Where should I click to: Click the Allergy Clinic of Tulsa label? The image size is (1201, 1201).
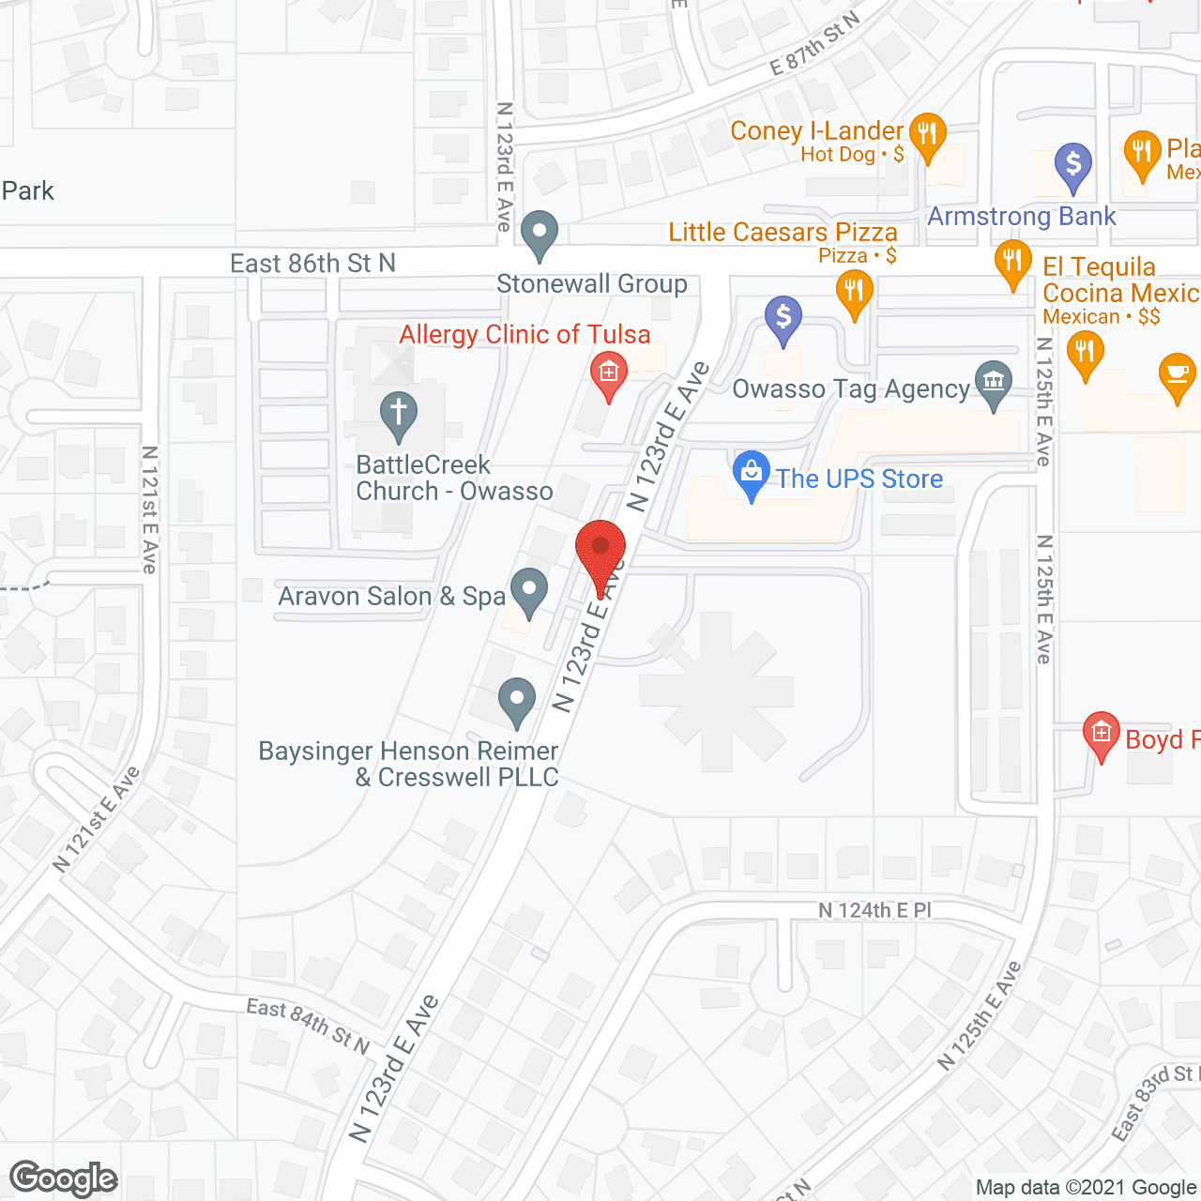(x=524, y=335)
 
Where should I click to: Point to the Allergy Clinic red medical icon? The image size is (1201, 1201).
(x=609, y=373)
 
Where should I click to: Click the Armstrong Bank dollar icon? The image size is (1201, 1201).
(x=1073, y=165)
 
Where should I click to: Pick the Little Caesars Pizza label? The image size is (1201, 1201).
(x=783, y=232)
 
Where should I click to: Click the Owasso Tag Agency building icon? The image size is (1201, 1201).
(x=994, y=383)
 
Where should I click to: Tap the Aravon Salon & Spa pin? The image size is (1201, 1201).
(x=530, y=591)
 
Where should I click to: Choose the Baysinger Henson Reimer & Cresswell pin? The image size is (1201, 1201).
(x=516, y=700)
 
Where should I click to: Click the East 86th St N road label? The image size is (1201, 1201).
(x=313, y=264)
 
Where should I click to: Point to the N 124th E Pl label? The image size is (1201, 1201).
(x=874, y=910)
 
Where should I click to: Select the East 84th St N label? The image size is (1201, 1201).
(x=308, y=1025)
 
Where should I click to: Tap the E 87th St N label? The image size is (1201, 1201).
(x=813, y=44)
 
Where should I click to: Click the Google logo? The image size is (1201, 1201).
(x=64, y=1178)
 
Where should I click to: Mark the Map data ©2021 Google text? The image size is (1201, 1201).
(x=1086, y=1187)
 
